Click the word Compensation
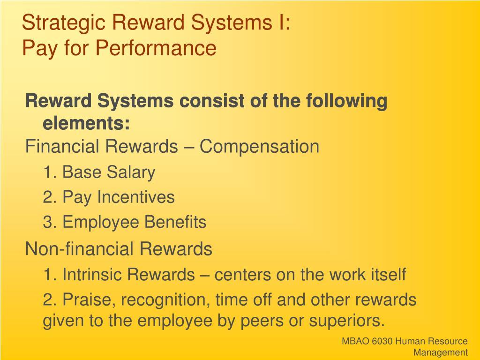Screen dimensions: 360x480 pyautogui.click(x=259, y=147)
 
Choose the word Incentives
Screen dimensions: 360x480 pyautogui.click(x=136, y=197)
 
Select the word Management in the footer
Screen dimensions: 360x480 pyautogui.click(x=441, y=352)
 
